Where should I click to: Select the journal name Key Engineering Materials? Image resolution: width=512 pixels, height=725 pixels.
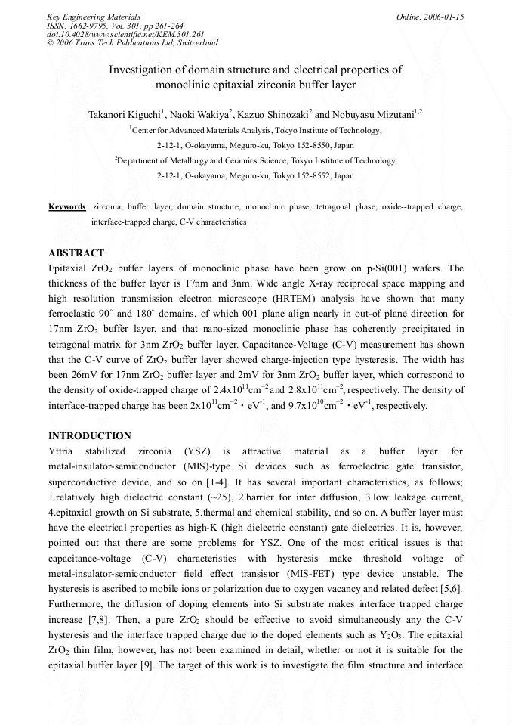tap(93, 17)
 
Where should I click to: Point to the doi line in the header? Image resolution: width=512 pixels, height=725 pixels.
tap(115, 35)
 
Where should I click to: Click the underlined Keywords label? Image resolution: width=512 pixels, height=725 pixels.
tap(67, 206)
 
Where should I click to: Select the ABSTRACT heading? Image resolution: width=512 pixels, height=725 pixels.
tap(76, 253)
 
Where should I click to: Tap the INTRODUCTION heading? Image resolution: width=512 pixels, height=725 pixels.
tap(89, 435)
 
